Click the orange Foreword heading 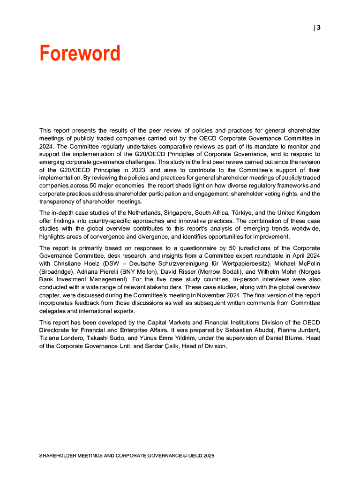[80, 53]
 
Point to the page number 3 [319, 28]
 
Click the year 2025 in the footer [209, 455]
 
